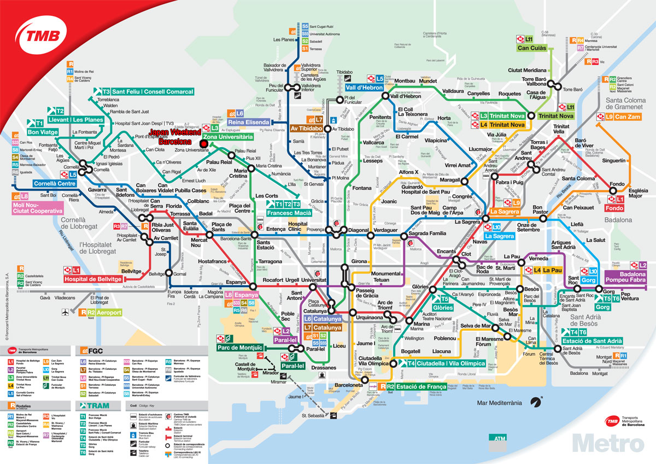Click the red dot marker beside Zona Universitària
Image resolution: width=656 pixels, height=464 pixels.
pos(203,144)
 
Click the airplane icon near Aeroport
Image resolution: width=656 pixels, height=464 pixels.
pos(66,312)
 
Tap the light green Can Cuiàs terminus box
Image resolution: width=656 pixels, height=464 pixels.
pos(534,48)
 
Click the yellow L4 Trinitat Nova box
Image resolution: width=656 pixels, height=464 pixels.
pos(503,125)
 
